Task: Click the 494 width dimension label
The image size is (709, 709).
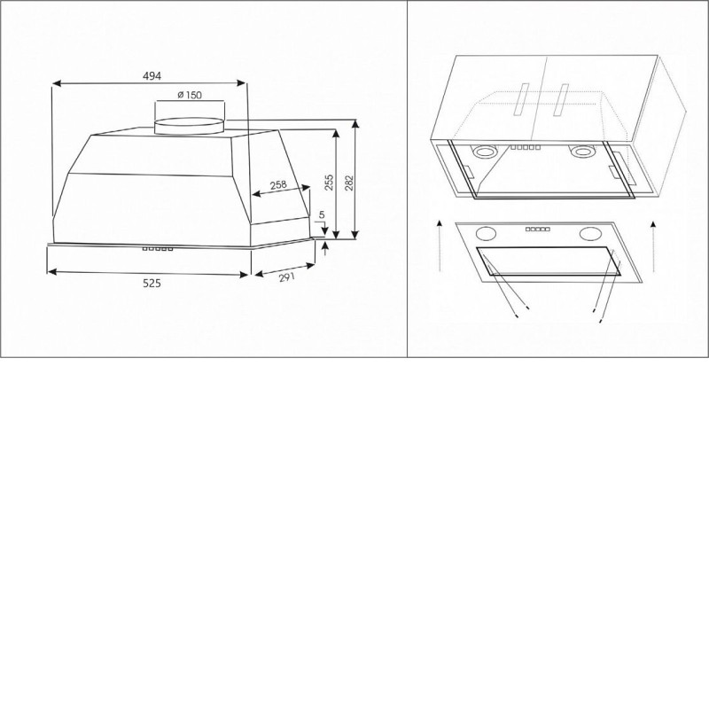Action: pyautogui.click(x=152, y=76)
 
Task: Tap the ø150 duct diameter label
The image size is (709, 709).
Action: pyautogui.click(x=190, y=95)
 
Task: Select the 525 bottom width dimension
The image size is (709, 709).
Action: pyautogui.click(x=152, y=284)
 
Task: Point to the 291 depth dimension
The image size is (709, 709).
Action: pyautogui.click(x=286, y=277)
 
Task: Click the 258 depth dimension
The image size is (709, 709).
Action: pyautogui.click(x=278, y=185)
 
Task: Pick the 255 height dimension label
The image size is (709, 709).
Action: pyautogui.click(x=329, y=183)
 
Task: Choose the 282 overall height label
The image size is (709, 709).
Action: pyautogui.click(x=349, y=183)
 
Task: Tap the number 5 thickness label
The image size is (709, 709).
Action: pyautogui.click(x=322, y=214)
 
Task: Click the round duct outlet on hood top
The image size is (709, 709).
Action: pyautogui.click(x=190, y=126)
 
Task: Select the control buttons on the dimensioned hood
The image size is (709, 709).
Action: pyautogui.click(x=158, y=249)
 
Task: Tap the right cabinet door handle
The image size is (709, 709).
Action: pyautogui.click(x=561, y=99)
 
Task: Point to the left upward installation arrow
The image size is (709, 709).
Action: pyautogui.click(x=440, y=246)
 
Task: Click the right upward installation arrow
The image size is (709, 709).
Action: pyautogui.click(x=653, y=246)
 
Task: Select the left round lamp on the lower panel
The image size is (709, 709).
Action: pyautogui.click(x=486, y=234)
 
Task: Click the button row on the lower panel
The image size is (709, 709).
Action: pyautogui.click(x=538, y=230)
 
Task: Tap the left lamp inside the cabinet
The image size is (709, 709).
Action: pyautogui.click(x=484, y=152)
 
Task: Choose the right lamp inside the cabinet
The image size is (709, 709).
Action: pyautogui.click(x=581, y=152)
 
